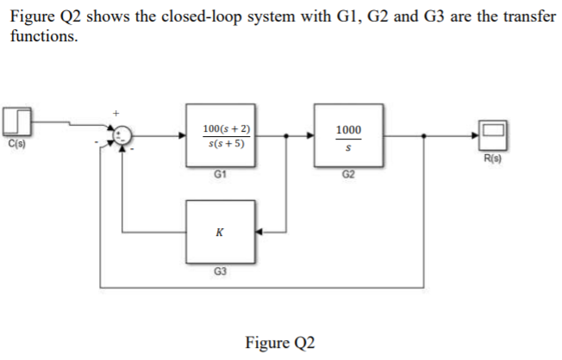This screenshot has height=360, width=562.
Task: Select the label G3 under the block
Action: coord(220,272)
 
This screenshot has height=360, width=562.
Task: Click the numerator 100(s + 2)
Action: coord(226,128)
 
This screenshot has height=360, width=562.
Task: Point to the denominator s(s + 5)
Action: coord(226,143)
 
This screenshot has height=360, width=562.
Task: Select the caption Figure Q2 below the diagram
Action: coord(280,342)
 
